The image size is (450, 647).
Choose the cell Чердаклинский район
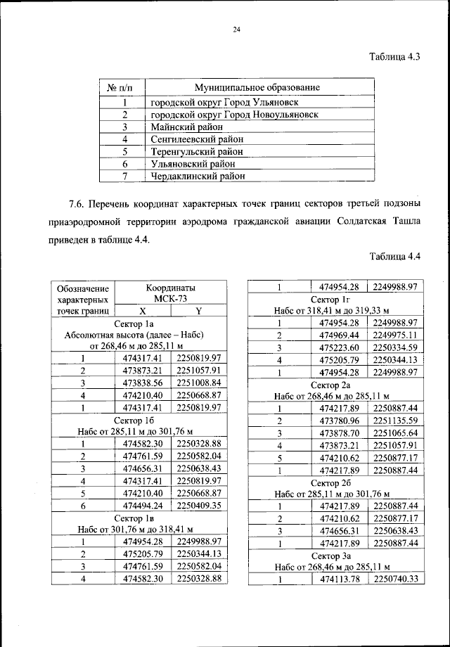coord(198,176)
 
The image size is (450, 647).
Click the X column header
coord(143,310)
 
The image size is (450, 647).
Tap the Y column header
coord(199,310)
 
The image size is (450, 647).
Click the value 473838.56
coord(143,383)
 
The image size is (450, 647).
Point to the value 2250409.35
coord(199,505)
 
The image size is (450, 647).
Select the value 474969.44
coord(340,335)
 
